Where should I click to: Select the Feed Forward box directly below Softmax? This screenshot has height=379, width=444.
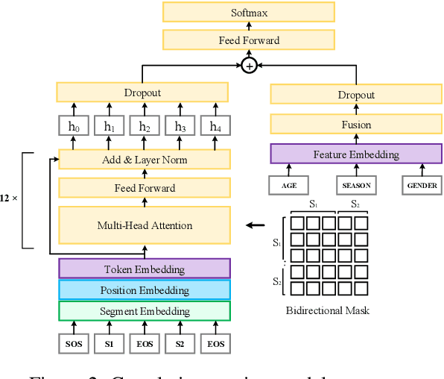[250, 40]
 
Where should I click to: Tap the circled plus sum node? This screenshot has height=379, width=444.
[250, 66]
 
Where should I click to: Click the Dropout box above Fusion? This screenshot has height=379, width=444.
[357, 95]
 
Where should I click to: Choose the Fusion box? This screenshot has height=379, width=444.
[357, 125]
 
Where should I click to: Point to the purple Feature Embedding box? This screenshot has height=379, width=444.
[357, 154]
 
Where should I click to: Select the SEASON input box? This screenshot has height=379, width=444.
[357, 185]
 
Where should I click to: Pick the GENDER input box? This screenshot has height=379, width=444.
[421, 185]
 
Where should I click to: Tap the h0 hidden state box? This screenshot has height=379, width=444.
[74, 126]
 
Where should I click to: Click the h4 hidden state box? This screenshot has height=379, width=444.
[216, 126]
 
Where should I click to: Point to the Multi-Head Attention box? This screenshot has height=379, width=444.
[145, 225]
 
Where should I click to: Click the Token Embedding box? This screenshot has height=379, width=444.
[145, 269]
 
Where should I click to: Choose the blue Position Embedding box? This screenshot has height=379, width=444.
[145, 290]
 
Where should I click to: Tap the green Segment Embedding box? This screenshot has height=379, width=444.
[145, 311]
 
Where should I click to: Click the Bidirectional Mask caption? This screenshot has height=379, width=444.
[327, 310]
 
